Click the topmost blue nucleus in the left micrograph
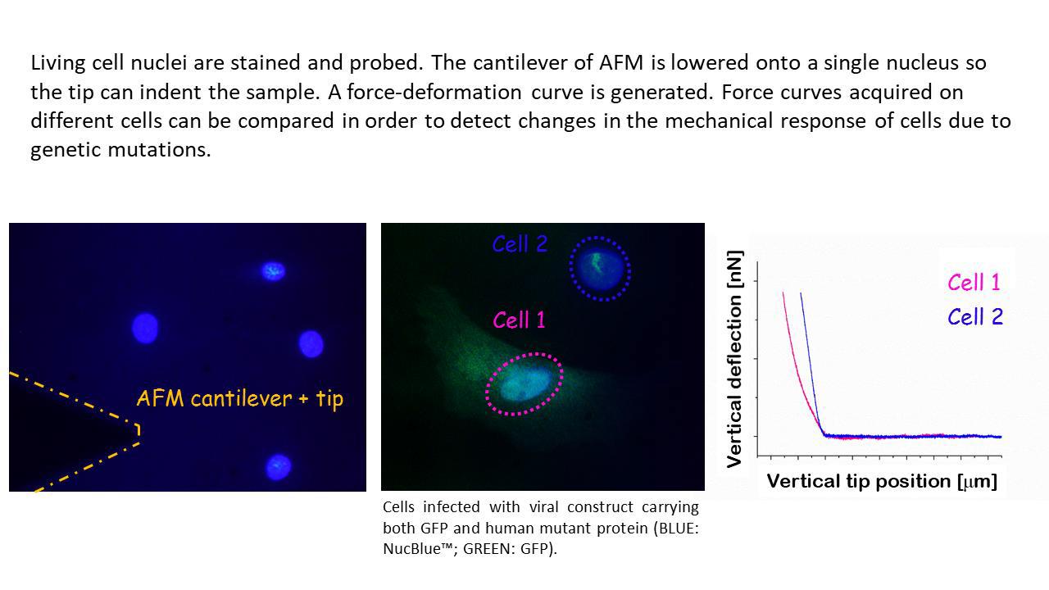click(x=273, y=270)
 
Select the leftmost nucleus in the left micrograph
click(x=145, y=328)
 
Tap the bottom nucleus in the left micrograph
click(x=278, y=466)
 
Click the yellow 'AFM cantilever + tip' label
click(x=239, y=399)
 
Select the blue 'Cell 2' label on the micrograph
click(x=520, y=244)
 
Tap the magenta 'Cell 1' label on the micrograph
click(x=519, y=320)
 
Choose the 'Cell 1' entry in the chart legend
click(x=974, y=283)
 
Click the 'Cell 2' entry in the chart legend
click(x=974, y=317)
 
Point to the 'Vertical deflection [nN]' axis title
click(x=735, y=359)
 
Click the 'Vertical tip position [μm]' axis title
click(x=882, y=481)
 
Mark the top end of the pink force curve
click(x=783, y=293)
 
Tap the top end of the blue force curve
click(x=801, y=293)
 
